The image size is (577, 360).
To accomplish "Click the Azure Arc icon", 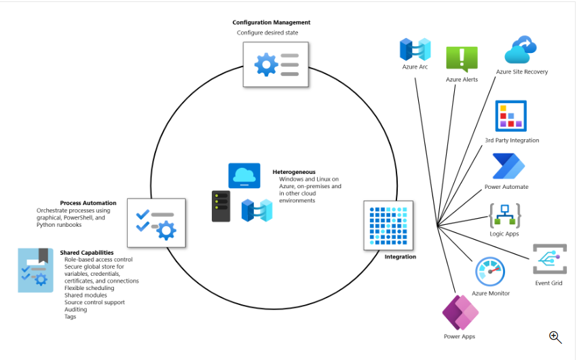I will click(x=415, y=50).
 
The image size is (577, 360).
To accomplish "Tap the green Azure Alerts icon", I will click(x=462, y=59).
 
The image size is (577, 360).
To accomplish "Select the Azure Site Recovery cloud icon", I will click(x=521, y=50).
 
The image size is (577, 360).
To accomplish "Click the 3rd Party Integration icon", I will click(x=511, y=116).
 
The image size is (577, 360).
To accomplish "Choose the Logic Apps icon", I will click(x=504, y=215).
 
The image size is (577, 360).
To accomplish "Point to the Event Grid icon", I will click(x=549, y=259).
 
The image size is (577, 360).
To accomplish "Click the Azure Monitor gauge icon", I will click(x=490, y=272).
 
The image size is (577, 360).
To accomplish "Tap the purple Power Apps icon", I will click(x=460, y=312).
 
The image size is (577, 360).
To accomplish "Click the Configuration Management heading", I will click(x=271, y=22).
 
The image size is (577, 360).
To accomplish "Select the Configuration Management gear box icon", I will click(x=276, y=64).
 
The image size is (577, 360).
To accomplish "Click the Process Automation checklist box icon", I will click(x=156, y=223).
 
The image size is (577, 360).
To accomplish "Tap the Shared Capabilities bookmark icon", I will click(x=35, y=270).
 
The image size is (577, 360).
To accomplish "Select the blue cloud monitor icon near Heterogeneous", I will click(x=244, y=176).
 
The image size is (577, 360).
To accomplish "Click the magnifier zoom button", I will click(x=555, y=337).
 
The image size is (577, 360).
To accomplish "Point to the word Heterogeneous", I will click(x=293, y=172).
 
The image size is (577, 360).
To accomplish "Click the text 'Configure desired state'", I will click(x=267, y=33).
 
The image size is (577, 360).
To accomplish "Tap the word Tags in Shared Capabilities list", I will click(x=71, y=317).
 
